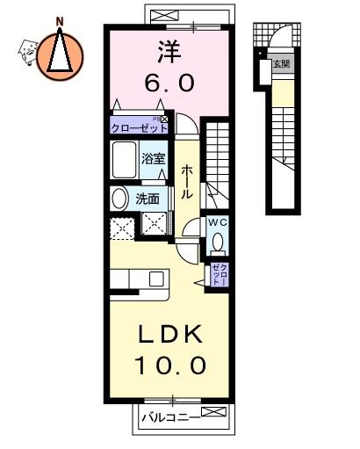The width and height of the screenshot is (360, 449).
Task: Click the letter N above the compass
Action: (x=60, y=21)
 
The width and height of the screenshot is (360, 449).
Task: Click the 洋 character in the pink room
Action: (x=169, y=52)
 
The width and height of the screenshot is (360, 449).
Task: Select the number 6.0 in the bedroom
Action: (x=169, y=83)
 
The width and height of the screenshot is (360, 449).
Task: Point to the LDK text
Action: (x=170, y=334)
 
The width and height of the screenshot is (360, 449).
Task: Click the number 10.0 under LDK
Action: (x=170, y=366)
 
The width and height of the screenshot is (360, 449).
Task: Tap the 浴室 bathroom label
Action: (x=154, y=158)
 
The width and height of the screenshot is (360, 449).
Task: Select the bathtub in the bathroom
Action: (x=125, y=160)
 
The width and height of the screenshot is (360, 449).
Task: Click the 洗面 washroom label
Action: (x=148, y=199)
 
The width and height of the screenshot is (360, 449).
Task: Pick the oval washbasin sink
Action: (x=119, y=199)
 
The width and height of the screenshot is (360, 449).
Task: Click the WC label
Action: (x=217, y=222)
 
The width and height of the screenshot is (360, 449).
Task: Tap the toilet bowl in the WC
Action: (x=218, y=243)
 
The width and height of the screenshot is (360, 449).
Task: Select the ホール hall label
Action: (x=186, y=182)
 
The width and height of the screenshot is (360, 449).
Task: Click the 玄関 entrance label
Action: (x=282, y=63)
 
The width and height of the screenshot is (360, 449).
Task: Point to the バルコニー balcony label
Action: (x=171, y=417)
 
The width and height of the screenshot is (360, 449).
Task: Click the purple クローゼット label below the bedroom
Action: (x=140, y=128)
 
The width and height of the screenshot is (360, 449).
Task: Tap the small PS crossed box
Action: (x=164, y=119)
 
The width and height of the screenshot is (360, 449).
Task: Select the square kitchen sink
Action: (x=156, y=279)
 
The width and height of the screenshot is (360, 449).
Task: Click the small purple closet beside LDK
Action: (x=219, y=274)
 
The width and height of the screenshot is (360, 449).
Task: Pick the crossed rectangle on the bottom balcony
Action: (x=213, y=411)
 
